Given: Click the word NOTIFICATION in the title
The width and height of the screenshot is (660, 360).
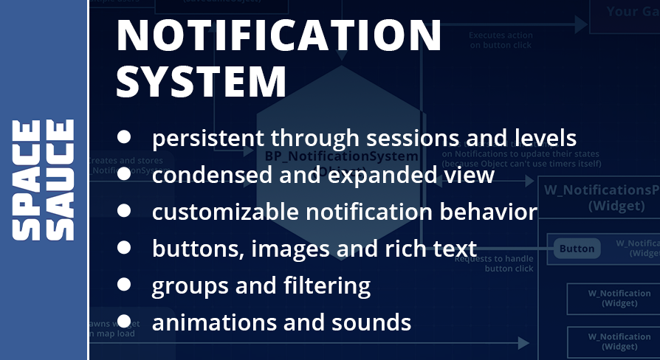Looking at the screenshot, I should point(279,35).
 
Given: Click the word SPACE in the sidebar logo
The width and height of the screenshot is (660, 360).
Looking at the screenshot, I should point(27,180).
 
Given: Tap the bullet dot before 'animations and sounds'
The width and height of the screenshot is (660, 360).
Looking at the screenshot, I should point(124,320).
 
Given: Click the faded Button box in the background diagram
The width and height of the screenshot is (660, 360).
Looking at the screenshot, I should point(577,249).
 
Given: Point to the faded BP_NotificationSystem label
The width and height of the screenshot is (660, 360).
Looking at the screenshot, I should point(341,156).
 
